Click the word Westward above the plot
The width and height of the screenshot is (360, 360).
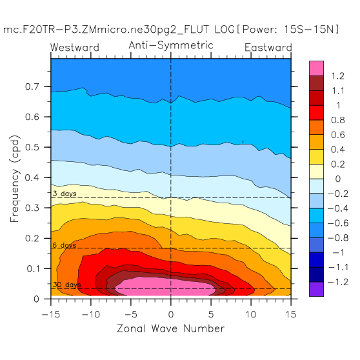coord(75,48)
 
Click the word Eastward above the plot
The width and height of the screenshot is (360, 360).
coord(268,48)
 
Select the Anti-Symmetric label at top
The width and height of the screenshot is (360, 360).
coord(171,45)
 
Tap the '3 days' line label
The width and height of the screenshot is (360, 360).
coord(65,194)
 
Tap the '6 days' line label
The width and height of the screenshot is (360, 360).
coord(65,245)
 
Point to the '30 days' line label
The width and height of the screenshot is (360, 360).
coord(66,285)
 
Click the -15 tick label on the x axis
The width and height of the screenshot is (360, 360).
coord(51,314)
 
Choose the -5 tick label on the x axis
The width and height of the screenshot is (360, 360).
coord(130,314)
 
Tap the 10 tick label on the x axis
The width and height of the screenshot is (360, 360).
coord(251,314)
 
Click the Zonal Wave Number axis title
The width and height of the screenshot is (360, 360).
coord(171,328)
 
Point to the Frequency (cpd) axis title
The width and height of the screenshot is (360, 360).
coord(15,179)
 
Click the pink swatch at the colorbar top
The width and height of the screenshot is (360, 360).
coord(316,68)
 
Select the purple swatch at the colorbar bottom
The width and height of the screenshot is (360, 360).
coord(316,289)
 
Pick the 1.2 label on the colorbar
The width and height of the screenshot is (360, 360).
coord(337,76)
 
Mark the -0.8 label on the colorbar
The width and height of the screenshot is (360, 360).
coord(338,238)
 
